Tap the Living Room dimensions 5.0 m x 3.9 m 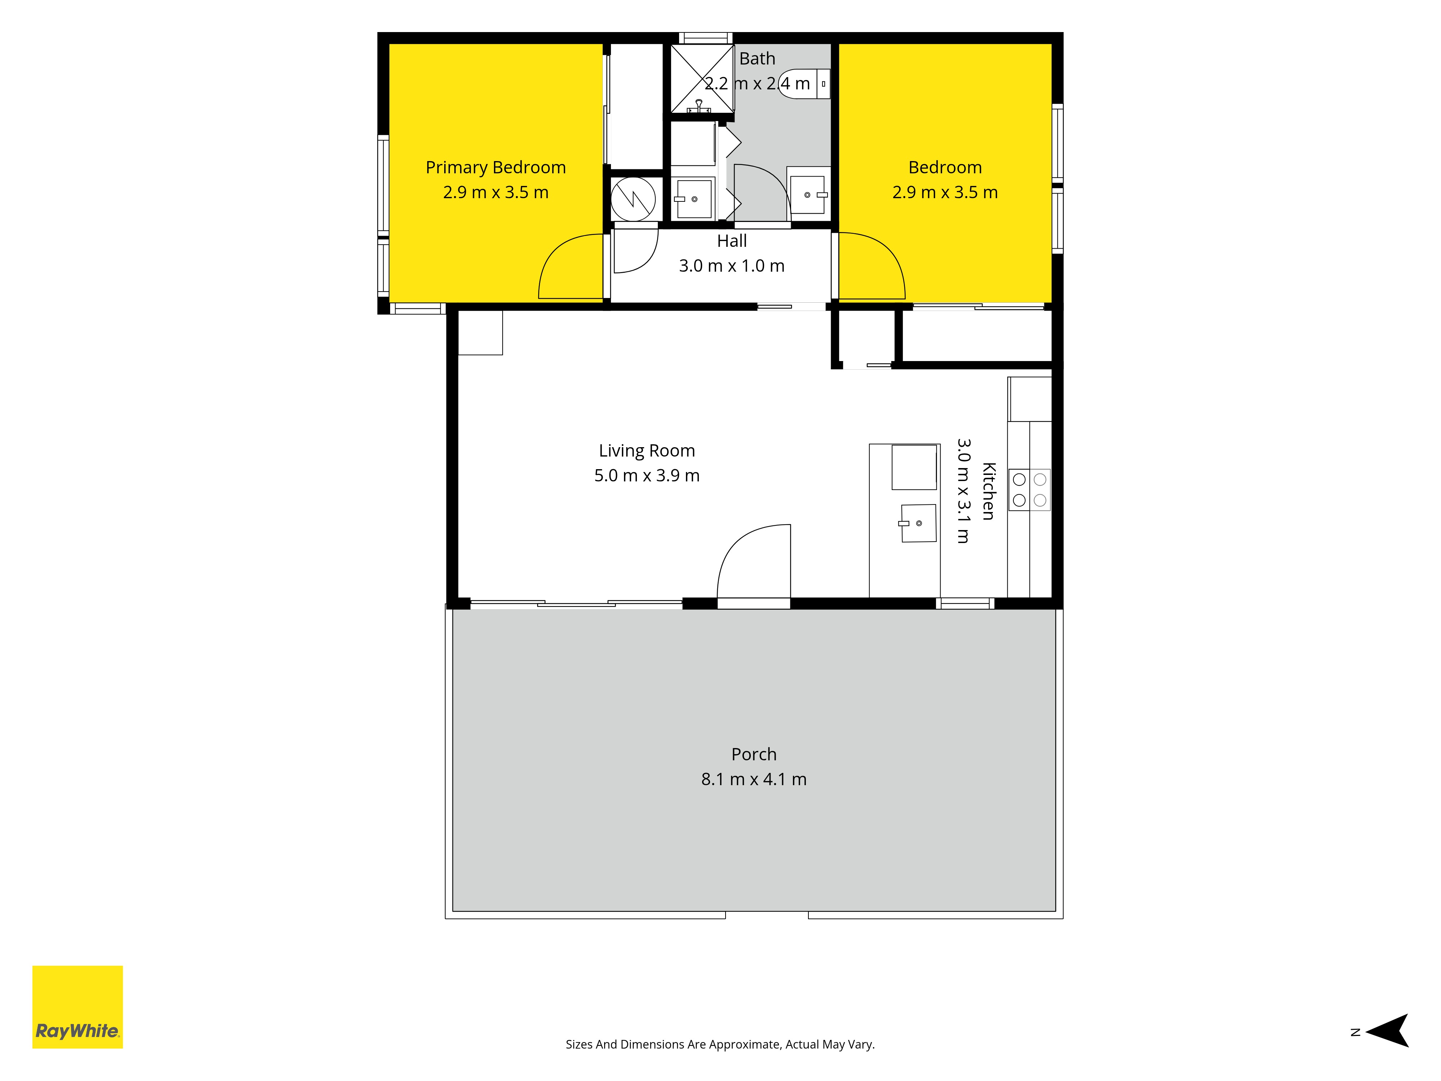(647, 476)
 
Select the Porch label (754, 755)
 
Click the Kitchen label (988, 491)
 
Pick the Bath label (757, 59)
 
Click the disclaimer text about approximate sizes (720, 1045)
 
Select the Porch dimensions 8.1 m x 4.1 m (754, 779)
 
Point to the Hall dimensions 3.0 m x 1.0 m (732, 266)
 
